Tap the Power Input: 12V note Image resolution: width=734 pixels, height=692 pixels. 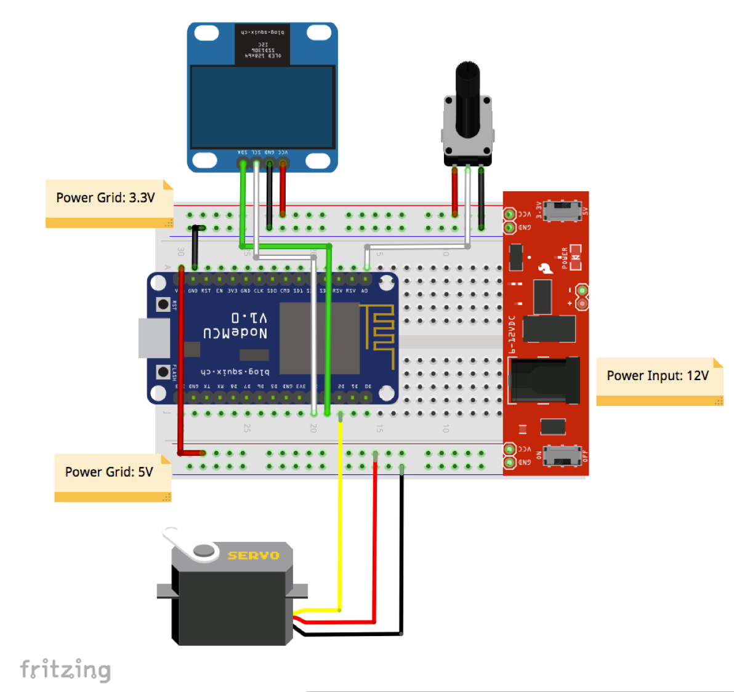click(x=658, y=376)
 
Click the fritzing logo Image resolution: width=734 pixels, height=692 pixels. click(x=65, y=669)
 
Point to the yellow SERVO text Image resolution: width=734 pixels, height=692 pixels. click(x=253, y=555)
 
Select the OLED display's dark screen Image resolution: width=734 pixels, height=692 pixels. click(x=262, y=107)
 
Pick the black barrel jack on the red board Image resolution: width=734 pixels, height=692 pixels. click(x=545, y=381)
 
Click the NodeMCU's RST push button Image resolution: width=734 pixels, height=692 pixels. click(x=163, y=304)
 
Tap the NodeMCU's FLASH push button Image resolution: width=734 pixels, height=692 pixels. click(x=163, y=372)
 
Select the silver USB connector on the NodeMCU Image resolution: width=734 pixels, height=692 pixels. click(x=153, y=338)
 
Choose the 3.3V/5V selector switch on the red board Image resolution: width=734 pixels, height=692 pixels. click(x=563, y=210)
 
